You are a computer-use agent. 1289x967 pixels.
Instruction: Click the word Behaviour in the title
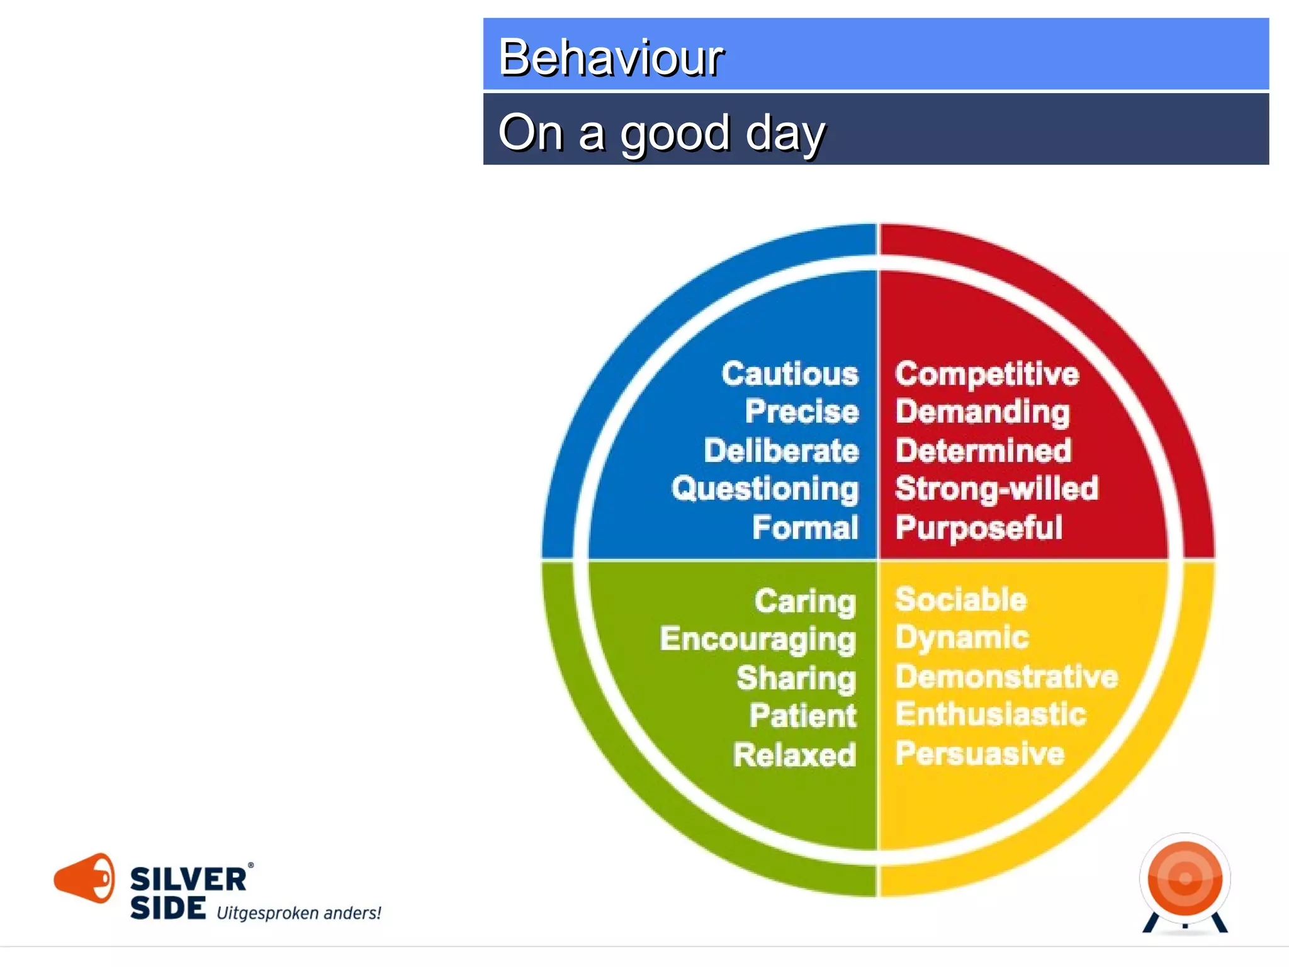[610, 57]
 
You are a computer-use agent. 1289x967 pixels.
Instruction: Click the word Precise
[801, 412]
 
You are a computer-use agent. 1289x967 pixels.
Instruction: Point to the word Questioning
[764, 489]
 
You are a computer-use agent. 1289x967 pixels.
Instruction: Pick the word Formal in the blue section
[804, 528]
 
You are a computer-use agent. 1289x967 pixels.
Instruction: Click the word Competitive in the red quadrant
[986, 374]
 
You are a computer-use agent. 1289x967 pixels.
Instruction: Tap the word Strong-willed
[996, 489]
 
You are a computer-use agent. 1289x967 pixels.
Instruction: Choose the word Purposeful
[978, 528]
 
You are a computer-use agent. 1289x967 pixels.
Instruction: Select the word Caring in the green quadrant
[804, 601]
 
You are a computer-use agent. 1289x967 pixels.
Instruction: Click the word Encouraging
[757, 640]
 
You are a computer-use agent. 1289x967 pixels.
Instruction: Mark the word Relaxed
[794, 755]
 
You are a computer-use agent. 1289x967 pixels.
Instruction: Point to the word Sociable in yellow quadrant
[960, 599]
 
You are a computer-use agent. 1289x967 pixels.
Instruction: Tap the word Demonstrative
[1006, 677]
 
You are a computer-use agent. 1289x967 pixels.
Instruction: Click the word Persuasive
[979, 753]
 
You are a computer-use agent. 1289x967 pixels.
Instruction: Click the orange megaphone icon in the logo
[85, 878]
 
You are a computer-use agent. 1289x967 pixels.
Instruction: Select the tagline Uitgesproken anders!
[298, 913]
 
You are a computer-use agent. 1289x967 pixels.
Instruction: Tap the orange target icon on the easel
[1185, 878]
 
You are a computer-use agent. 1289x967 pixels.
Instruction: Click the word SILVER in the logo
[188, 879]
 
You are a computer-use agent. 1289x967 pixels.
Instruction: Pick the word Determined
[982, 451]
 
